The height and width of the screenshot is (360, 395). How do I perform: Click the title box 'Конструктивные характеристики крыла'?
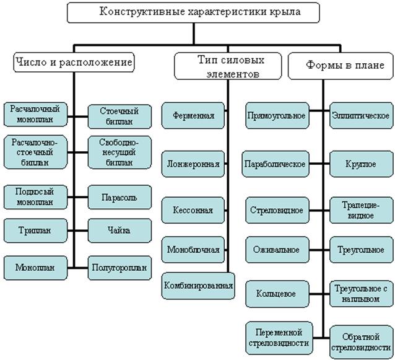pos(193,12)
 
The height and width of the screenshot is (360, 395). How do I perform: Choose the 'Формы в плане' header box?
pos(341,64)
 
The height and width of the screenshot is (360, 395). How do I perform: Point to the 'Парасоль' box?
pos(119,198)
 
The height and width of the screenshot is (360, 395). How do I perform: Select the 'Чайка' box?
pos(119,230)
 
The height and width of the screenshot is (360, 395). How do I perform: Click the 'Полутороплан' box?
pos(119,268)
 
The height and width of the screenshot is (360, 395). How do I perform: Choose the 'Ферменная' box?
pos(194,115)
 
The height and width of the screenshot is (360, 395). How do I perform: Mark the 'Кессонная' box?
pos(194,210)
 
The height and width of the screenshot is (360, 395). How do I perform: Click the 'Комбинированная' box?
pos(198,286)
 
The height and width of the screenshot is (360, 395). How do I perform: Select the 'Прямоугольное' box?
pos(276,116)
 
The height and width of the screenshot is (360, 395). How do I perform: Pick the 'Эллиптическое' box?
pos(360,116)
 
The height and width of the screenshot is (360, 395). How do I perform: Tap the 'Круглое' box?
pos(360,164)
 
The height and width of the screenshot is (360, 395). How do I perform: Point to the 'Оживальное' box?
pos(276,250)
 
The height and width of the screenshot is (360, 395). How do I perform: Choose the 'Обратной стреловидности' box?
pos(360,341)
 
